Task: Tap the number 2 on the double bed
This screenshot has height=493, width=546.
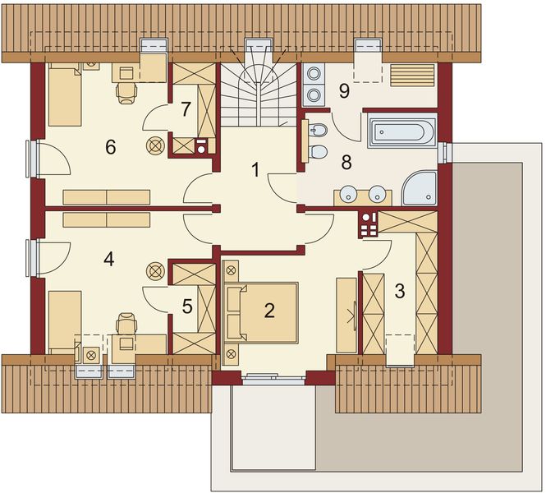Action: tap(268, 310)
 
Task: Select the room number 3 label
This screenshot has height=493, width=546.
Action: tap(400, 291)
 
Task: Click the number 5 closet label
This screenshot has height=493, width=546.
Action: tap(187, 306)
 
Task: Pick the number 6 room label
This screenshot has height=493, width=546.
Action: tap(110, 147)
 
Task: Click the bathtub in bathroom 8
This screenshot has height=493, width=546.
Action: tap(401, 132)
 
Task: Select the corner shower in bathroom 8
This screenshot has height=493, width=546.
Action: tap(420, 187)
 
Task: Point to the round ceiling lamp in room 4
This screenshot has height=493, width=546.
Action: tap(154, 270)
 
